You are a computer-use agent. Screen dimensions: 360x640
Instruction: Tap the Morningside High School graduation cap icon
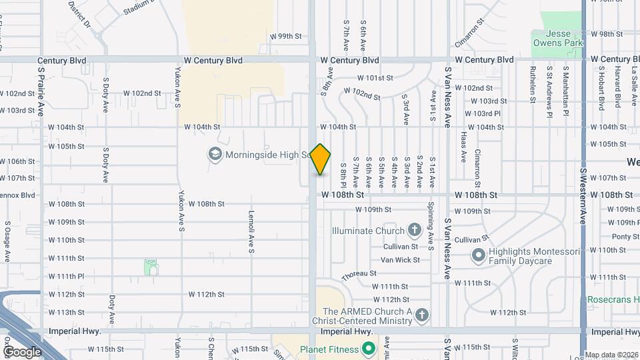[x=215, y=155]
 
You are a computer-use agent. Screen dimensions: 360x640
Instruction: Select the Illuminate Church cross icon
[x=414, y=231]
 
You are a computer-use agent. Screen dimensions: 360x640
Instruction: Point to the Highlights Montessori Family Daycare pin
[x=478, y=255]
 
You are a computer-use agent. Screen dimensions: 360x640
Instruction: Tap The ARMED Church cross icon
[x=421, y=314]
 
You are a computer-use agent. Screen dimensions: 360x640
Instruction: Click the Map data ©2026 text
[x=611, y=355]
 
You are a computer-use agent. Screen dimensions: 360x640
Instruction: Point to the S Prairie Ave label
[x=41, y=94]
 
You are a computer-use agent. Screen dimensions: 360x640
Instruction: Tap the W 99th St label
[x=286, y=36]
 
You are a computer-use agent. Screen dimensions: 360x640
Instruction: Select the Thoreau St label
[x=359, y=274]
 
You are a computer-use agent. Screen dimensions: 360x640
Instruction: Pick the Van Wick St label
[x=400, y=260]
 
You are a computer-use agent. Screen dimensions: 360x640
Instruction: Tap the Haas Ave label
[x=463, y=147]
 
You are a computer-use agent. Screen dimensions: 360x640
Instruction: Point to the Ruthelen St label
[x=533, y=85]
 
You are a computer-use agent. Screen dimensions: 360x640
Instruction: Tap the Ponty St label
[x=625, y=237]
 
